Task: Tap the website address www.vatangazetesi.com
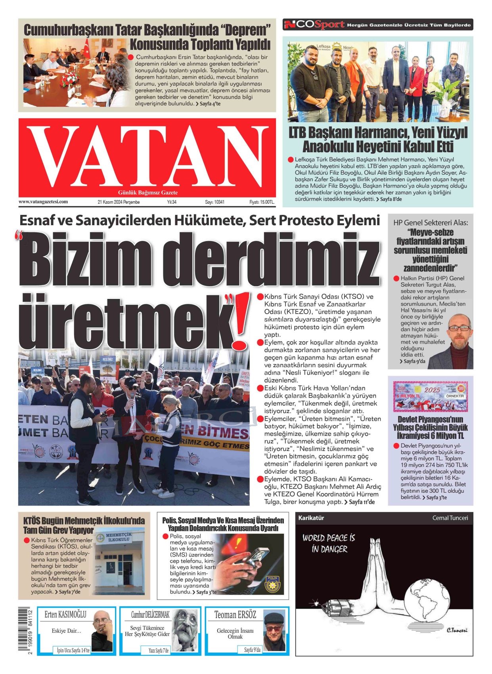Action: (x=43, y=202)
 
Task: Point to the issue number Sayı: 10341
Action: (x=214, y=202)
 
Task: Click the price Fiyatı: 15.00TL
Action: (x=262, y=202)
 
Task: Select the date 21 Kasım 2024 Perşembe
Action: (x=119, y=202)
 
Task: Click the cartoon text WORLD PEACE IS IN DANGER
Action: (x=329, y=543)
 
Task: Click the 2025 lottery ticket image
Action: (x=430, y=396)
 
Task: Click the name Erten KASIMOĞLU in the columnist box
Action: (x=65, y=615)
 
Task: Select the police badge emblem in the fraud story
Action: (x=272, y=585)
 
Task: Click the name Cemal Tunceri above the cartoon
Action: (x=450, y=518)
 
